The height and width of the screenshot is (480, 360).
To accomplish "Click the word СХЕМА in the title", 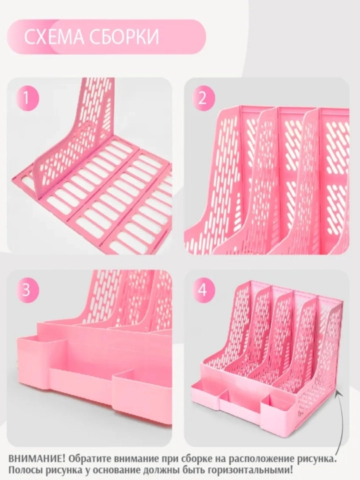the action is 54,37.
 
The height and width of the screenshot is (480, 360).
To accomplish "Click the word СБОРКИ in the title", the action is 125,37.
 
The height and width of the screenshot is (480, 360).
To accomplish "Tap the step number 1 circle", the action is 27,99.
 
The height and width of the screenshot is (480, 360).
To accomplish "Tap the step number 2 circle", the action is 203,99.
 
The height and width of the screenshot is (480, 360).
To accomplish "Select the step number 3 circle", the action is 27,289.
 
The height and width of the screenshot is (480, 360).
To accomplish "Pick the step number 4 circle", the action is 203,289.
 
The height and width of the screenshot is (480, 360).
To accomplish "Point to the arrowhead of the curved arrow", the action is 337,393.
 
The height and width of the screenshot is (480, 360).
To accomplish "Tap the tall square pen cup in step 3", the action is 41,364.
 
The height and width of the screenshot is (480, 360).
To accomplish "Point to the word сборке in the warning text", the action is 197,459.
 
